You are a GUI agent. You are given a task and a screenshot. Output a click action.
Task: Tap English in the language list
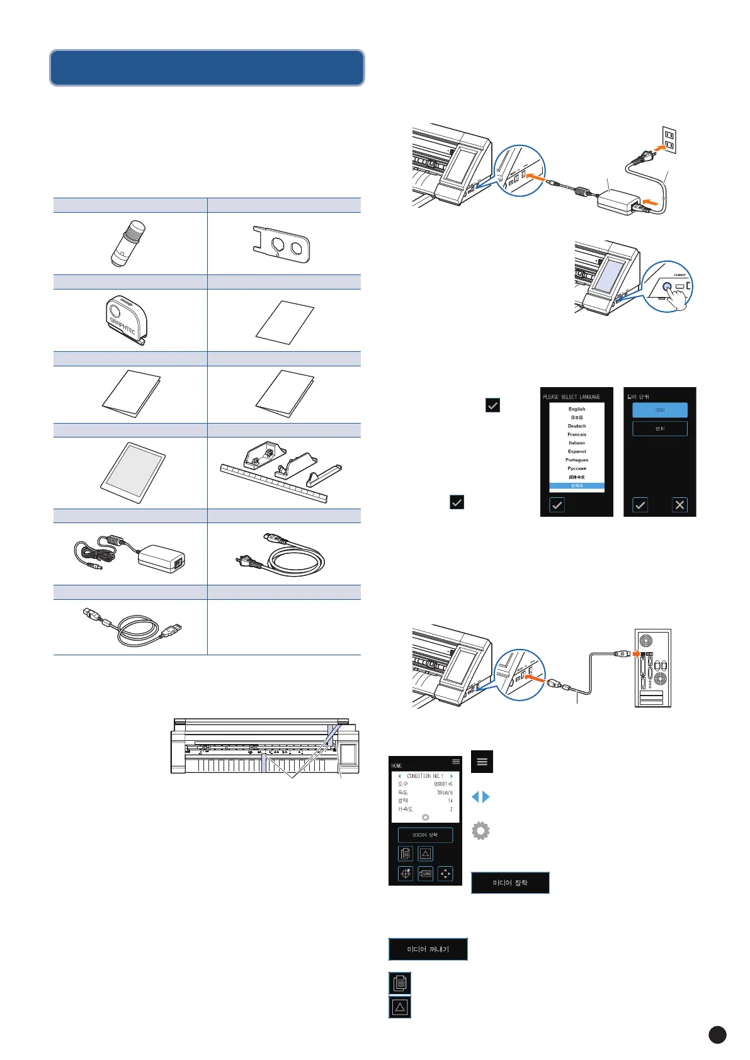577,409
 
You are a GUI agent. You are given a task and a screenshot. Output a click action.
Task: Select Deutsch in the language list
577,426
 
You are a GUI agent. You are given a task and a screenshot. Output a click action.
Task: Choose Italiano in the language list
577,443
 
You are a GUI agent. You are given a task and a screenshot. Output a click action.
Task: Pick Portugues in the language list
577,460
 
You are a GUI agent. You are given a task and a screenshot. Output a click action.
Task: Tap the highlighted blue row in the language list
577,486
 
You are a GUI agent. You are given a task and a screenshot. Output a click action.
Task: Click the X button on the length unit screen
679,505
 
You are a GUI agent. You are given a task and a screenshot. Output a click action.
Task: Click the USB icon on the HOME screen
426,874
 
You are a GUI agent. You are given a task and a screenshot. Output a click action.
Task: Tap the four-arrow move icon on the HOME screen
445,874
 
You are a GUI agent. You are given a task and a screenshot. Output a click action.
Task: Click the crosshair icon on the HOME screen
406,874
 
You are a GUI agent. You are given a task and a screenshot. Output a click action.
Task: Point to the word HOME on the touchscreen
397,766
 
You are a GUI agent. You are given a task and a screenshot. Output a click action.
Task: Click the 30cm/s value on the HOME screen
445,792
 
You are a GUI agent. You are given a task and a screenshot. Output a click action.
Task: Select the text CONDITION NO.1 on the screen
425,776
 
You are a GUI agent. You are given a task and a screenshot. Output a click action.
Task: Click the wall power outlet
669,140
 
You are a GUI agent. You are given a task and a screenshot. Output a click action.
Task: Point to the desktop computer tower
652,667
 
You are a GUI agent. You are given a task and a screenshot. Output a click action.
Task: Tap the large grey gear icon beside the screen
480,831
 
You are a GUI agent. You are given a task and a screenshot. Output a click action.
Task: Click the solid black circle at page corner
717,1035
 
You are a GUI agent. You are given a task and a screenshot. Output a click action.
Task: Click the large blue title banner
207,68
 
